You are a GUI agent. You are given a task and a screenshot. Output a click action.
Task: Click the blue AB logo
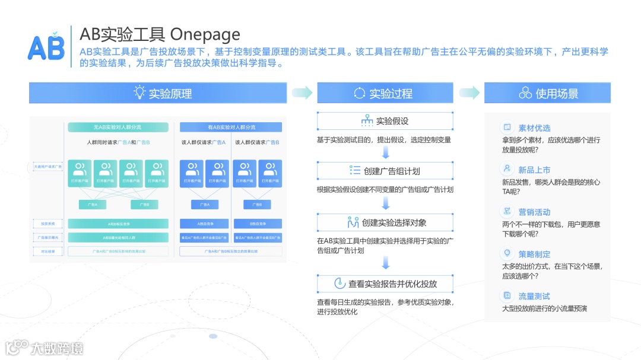46,46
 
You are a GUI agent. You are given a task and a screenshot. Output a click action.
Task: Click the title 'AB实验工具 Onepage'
160,34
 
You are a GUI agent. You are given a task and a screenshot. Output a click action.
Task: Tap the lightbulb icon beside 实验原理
139,92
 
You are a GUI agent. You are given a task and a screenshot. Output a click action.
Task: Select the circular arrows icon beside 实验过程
359,93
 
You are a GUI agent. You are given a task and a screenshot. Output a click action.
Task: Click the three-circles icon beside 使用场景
525,93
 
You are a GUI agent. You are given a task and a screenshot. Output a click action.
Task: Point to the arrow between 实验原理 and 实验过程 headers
302,93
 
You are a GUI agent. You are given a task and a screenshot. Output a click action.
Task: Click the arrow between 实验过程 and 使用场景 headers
469,93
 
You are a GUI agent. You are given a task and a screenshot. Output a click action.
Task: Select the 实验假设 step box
385,121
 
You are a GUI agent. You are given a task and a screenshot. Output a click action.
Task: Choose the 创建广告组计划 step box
385,171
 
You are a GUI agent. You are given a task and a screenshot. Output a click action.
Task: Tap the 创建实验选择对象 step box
385,222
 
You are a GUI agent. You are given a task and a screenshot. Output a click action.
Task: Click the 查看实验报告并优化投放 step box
385,283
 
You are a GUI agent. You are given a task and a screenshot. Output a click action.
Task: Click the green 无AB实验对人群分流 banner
118,127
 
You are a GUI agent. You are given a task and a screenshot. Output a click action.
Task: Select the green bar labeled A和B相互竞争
118,224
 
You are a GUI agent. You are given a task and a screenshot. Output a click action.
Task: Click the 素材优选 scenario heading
534,128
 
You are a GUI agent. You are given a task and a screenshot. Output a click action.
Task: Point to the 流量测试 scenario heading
534,296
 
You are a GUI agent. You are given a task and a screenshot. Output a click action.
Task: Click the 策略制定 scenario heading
534,254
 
